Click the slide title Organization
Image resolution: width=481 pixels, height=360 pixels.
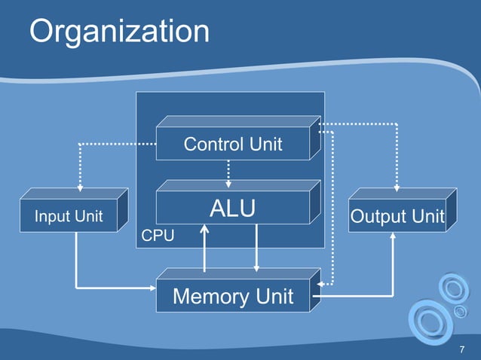click(x=119, y=32)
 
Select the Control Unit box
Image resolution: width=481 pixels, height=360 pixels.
click(x=233, y=143)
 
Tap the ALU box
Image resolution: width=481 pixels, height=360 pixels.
click(x=233, y=208)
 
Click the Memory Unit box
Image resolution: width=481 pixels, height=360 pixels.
click(x=233, y=296)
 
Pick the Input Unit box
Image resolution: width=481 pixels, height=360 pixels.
click(x=69, y=217)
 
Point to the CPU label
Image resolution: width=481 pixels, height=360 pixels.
click(x=158, y=236)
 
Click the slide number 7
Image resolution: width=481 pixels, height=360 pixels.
click(x=461, y=350)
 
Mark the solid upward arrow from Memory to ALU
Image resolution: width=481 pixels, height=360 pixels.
click(x=204, y=249)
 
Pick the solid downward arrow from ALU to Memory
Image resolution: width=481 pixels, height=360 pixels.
click(x=257, y=249)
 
